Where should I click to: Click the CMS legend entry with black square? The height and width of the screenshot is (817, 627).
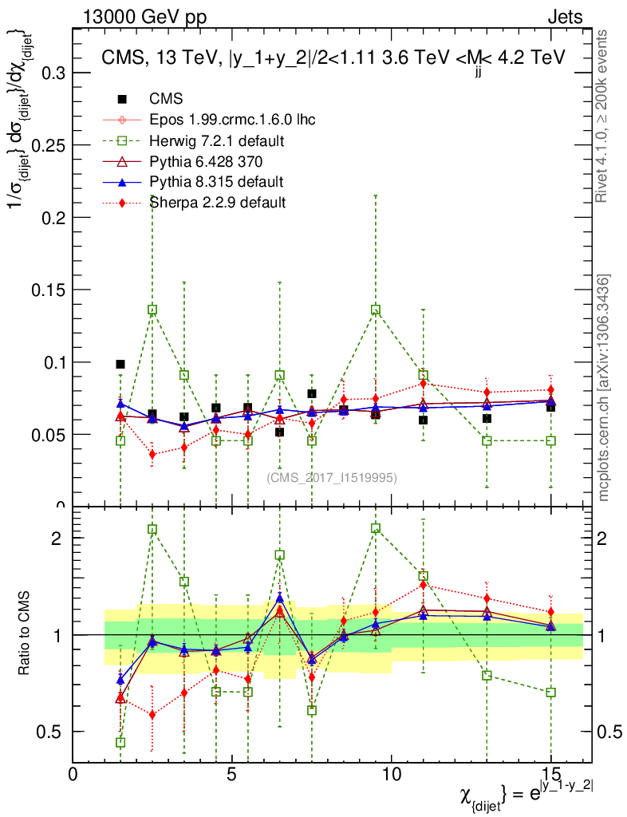click(x=166, y=100)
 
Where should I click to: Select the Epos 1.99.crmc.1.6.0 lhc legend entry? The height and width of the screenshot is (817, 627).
click(x=232, y=120)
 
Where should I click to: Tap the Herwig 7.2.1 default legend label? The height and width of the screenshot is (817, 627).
click(x=217, y=141)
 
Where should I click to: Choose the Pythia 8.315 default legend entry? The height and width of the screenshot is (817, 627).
click(x=216, y=182)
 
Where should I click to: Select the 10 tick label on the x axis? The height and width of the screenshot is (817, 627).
click(x=391, y=775)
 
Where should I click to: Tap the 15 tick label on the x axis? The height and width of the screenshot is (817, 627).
click(x=550, y=775)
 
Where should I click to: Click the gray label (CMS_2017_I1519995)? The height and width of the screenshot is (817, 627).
click(x=332, y=478)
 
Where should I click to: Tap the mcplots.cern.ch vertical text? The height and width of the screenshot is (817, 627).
click(x=604, y=388)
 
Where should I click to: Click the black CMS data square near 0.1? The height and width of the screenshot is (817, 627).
click(x=120, y=364)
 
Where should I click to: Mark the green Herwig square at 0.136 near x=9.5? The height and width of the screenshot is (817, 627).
click(x=376, y=310)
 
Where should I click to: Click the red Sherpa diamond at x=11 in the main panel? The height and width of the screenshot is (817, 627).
click(x=423, y=384)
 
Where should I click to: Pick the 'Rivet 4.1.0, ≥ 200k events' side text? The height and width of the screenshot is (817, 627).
click(x=604, y=116)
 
